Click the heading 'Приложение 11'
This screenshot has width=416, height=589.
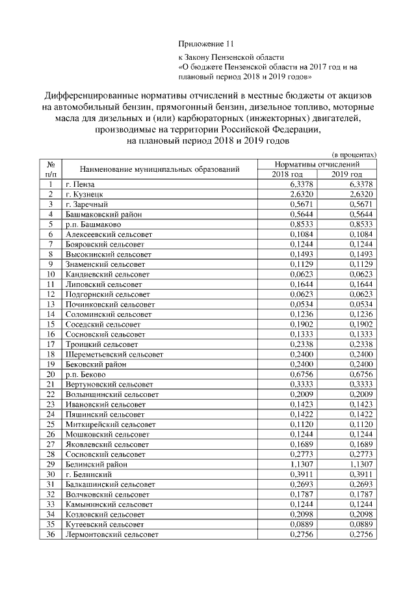point(205,44)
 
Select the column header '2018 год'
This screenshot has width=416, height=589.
point(287,174)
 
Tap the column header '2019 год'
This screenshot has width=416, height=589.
point(347,174)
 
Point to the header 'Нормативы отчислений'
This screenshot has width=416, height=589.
point(317,165)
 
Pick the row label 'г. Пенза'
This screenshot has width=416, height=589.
point(80,184)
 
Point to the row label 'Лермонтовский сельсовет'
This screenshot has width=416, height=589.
point(112,534)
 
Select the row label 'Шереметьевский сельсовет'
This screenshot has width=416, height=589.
point(114,355)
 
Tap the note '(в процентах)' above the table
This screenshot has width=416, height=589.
point(354,155)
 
